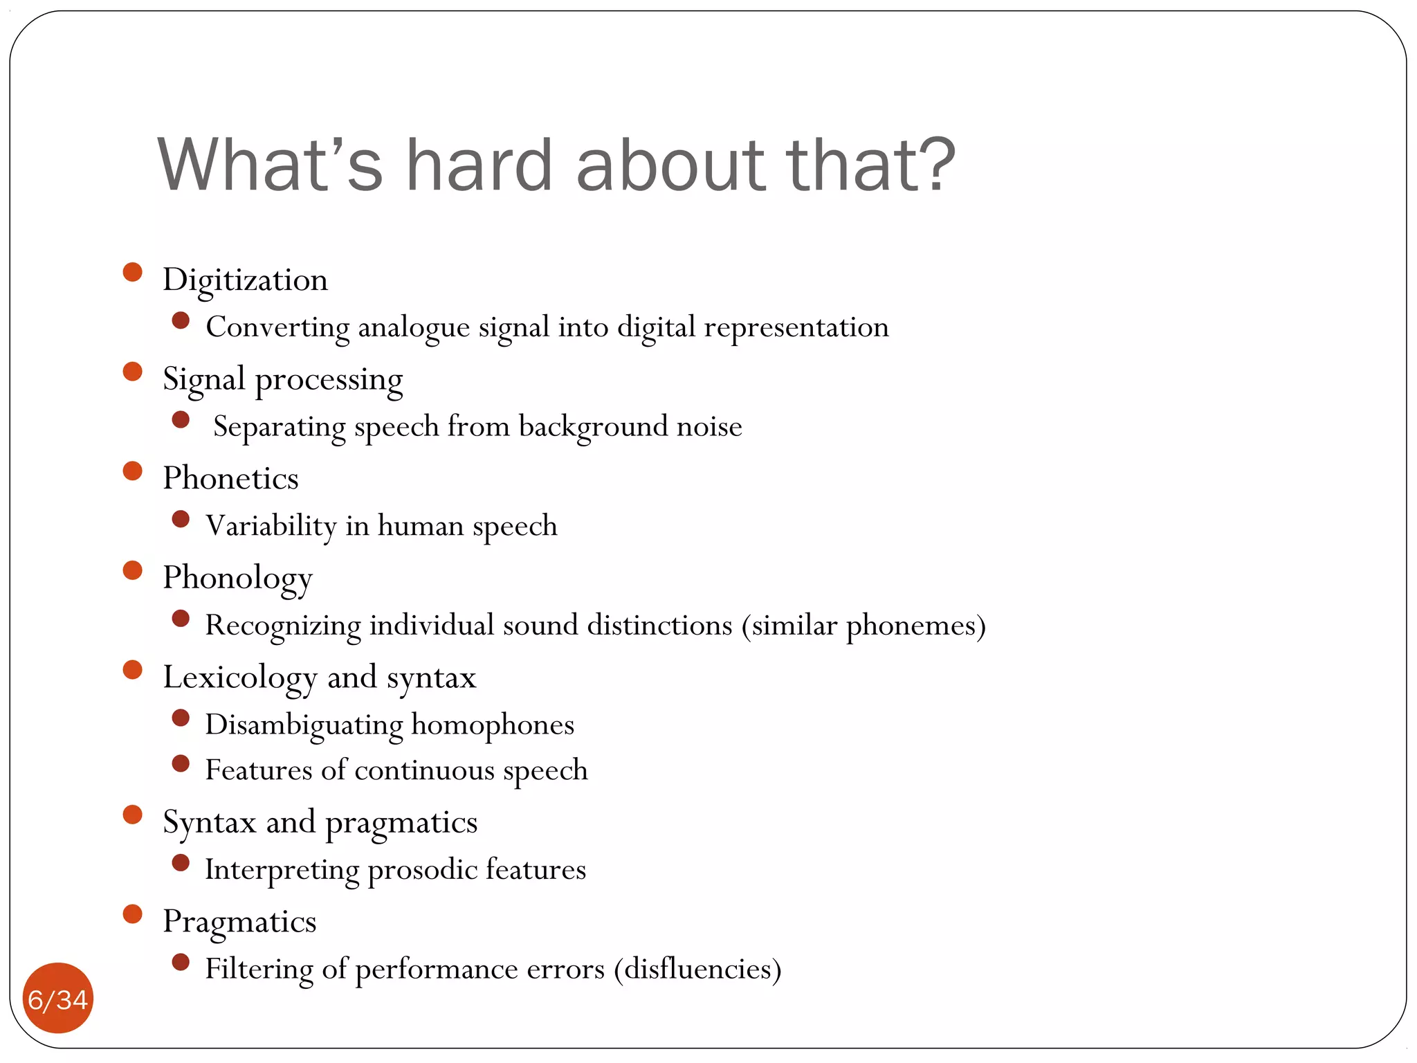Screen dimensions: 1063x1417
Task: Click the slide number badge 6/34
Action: click(58, 999)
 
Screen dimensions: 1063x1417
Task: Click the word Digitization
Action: click(245, 280)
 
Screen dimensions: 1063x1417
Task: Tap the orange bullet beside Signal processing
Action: click(132, 372)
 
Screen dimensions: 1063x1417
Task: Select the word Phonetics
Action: click(230, 478)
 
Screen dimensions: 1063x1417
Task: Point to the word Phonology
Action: click(237, 578)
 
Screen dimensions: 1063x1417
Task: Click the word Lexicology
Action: click(239, 678)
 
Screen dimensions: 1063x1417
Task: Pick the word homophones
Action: click(493, 725)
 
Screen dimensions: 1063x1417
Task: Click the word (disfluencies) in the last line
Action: click(697, 969)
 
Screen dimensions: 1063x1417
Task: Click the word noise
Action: click(709, 426)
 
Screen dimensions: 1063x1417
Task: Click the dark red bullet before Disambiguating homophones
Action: click(181, 718)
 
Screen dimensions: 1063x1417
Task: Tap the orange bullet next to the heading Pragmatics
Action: click(132, 914)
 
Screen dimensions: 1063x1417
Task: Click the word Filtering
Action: click(259, 969)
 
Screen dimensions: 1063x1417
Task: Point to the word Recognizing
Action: click(283, 626)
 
